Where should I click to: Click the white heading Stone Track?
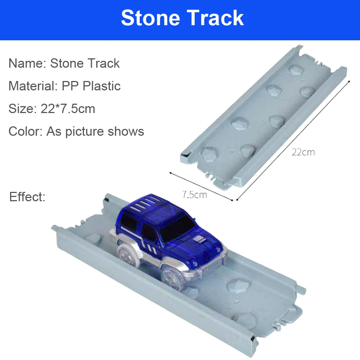coord(182,18)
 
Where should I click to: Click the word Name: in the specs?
coord(28,63)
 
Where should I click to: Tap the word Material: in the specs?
coord(33,86)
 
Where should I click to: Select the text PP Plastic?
coord(91,86)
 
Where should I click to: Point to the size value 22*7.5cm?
coord(68,109)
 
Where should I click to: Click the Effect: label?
coord(27,197)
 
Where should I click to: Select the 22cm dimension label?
coord(303,152)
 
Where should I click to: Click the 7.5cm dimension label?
coord(195,195)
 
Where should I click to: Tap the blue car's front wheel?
coord(173,278)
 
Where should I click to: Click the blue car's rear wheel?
coord(127,255)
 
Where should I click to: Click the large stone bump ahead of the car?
coord(238,286)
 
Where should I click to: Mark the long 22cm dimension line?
coord(293,140)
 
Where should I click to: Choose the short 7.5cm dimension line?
coord(201,186)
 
